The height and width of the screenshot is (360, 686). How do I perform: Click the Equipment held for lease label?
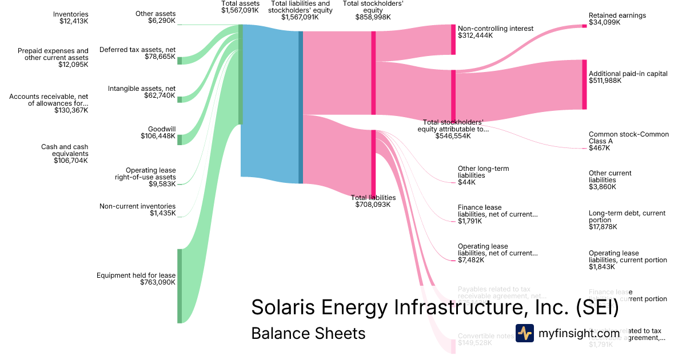136,279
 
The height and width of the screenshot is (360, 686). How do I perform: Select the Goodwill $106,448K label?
158,133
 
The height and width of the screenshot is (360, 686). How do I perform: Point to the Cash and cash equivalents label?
65,154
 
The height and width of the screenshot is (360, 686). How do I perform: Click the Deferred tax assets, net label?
138,53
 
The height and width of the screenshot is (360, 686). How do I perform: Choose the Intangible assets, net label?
142,92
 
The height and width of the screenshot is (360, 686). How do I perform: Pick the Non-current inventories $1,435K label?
138,210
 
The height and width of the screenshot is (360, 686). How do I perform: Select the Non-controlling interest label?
495,32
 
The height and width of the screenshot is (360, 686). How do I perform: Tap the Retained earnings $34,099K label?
617,19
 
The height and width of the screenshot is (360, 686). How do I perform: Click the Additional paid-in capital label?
628,77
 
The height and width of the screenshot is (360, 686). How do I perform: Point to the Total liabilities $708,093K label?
373,201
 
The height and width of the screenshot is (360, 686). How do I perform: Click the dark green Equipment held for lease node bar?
180,286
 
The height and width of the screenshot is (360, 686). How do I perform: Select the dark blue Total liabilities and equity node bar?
301,107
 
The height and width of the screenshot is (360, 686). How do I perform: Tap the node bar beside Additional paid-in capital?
584,84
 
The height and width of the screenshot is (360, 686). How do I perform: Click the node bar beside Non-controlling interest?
453,39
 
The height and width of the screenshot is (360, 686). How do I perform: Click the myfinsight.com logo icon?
525,333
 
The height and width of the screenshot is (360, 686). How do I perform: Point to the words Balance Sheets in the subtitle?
308,333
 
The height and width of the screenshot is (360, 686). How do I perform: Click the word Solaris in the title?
284,307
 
